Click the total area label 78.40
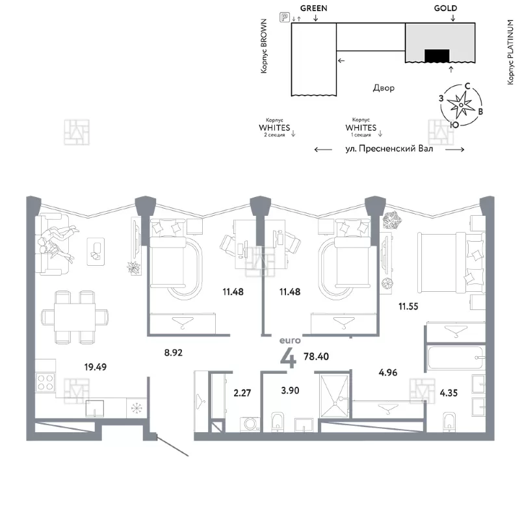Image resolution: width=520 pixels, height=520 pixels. (x=316, y=356)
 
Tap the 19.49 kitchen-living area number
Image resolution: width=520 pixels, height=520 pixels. (x=95, y=367)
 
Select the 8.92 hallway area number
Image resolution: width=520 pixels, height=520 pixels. (x=174, y=352)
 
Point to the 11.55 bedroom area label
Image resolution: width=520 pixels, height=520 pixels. (x=408, y=306)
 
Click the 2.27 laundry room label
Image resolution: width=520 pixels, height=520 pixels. (x=242, y=393)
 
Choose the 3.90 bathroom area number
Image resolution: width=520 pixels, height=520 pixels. (x=290, y=391)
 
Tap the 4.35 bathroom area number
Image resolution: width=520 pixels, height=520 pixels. (x=448, y=393)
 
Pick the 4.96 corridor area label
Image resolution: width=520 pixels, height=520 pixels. (x=387, y=372)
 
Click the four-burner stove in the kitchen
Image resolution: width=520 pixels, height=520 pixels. (x=45, y=382)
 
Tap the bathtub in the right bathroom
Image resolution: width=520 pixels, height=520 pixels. (x=456, y=358)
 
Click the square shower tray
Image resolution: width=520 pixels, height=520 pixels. (x=334, y=396)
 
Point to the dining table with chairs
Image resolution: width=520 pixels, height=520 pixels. (x=75, y=317)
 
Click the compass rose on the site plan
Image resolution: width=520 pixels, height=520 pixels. (x=461, y=105)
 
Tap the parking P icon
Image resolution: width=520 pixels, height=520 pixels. (x=285, y=18)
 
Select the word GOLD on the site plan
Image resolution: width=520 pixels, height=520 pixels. (x=445, y=8)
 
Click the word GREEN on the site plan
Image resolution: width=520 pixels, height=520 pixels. (x=313, y=8)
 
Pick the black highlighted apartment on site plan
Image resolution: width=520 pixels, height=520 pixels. (x=437, y=56)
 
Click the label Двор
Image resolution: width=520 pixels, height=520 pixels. (x=383, y=88)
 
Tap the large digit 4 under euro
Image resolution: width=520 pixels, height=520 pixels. (x=288, y=359)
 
